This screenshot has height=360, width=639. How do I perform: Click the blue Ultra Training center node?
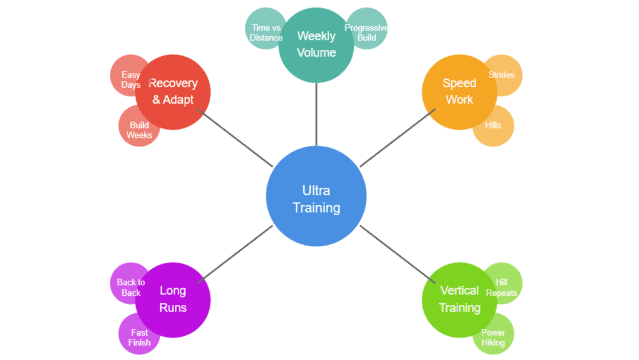tap(316, 196)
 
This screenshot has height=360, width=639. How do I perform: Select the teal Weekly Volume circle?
tap(316, 45)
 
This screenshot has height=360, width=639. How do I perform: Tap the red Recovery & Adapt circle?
tap(173, 92)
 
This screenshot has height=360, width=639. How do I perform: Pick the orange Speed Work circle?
tap(460, 92)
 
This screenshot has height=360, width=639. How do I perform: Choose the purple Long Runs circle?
tap(173, 300)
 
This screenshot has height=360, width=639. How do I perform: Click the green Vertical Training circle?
tap(460, 300)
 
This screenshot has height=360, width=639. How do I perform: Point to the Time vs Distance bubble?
tap(263, 29)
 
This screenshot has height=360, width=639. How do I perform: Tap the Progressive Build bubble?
tap(369, 29)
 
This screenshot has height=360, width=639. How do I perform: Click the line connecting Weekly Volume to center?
tap(316, 114)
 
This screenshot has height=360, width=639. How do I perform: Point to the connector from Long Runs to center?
tap(235, 254)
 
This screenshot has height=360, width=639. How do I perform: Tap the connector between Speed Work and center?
tap(398, 138)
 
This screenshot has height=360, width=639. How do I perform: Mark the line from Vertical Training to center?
tap(398, 254)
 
